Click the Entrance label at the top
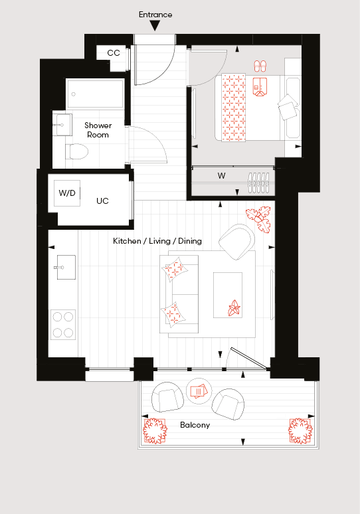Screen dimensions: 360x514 tap(155, 15)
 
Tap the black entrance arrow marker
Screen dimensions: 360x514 tap(155, 25)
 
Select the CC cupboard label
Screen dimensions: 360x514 tap(114, 53)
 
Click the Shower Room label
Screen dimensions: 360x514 tap(98, 129)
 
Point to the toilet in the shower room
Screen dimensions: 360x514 tap(77, 151)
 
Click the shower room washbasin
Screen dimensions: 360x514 tap(63, 125)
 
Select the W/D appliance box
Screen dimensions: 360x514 tap(67, 193)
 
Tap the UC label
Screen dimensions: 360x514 tap(102, 201)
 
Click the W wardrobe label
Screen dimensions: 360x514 tap(221, 176)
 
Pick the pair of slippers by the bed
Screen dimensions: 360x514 tap(260, 66)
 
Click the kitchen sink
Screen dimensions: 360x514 tap(66, 268)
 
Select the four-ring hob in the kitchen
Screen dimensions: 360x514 tap(63, 325)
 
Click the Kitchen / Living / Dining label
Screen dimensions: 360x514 tap(157, 241)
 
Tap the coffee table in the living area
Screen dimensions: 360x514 tap(228, 295)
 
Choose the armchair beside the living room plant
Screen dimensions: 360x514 tap(236, 242)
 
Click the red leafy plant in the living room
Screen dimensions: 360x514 tap(259, 219)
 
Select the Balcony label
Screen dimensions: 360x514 tap(195, 425)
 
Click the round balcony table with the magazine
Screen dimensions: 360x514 tap(199, 391)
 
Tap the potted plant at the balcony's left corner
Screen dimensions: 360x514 tap(155, 430)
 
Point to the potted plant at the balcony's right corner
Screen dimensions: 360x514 tap(300, 430)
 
